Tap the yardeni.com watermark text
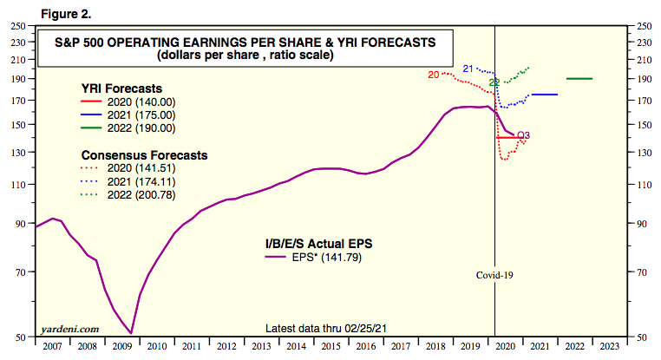point(69,330)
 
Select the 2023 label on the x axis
point(608,345)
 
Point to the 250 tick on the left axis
point(17,27)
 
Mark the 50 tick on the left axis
point(20,336)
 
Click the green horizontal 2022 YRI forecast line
point(579,79)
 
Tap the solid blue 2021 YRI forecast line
point(544,95)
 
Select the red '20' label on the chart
point(434,75)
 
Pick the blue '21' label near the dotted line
point(467,69)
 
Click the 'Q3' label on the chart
point(523,134)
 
